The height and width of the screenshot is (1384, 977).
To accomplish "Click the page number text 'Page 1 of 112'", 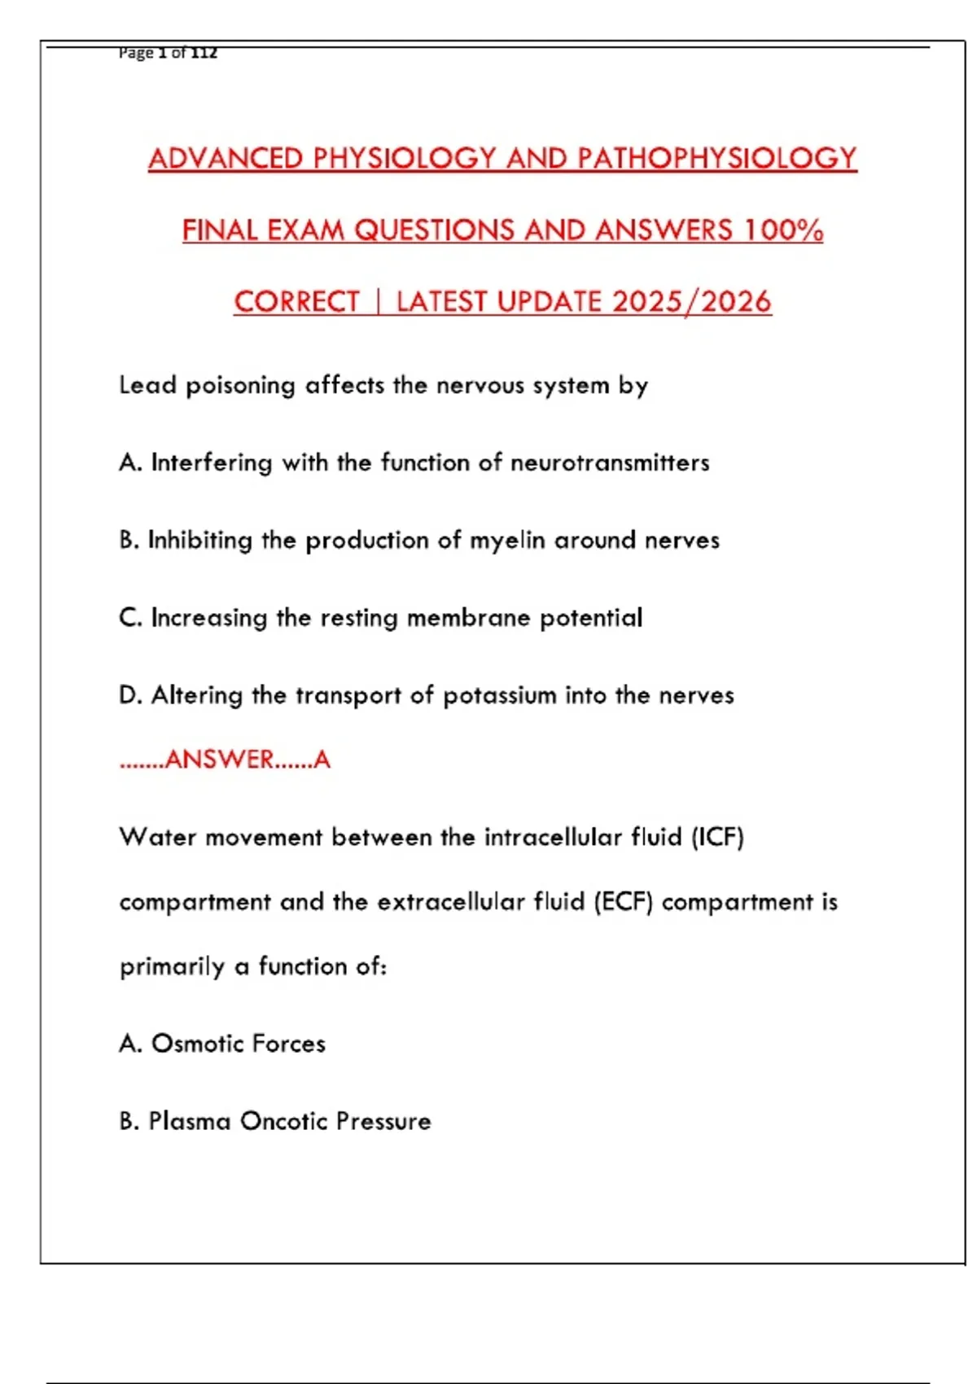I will (x=168, y=53).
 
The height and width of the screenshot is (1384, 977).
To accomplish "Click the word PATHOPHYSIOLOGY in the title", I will (x=717, y=158).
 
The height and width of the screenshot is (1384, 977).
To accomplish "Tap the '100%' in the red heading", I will (x=782, y=230).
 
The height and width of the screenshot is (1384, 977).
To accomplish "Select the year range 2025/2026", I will (x=691, y=302).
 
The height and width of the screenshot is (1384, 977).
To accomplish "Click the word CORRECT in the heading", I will (x=296, y=302).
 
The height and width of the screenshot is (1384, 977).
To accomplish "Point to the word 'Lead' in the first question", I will (x=147, y=385).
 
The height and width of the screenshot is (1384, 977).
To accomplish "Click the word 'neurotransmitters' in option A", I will (x=610, y=463).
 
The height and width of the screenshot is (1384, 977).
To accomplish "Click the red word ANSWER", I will (x=219, y=760).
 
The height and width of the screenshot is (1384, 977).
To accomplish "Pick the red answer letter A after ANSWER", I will (x=322, y=760).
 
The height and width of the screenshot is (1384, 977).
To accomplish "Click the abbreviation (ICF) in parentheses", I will (x=717, y=838).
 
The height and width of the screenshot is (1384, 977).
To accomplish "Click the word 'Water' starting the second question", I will (x=157, y=838).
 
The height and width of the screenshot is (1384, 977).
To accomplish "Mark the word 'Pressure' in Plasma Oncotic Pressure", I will (x=383, y=1122).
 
